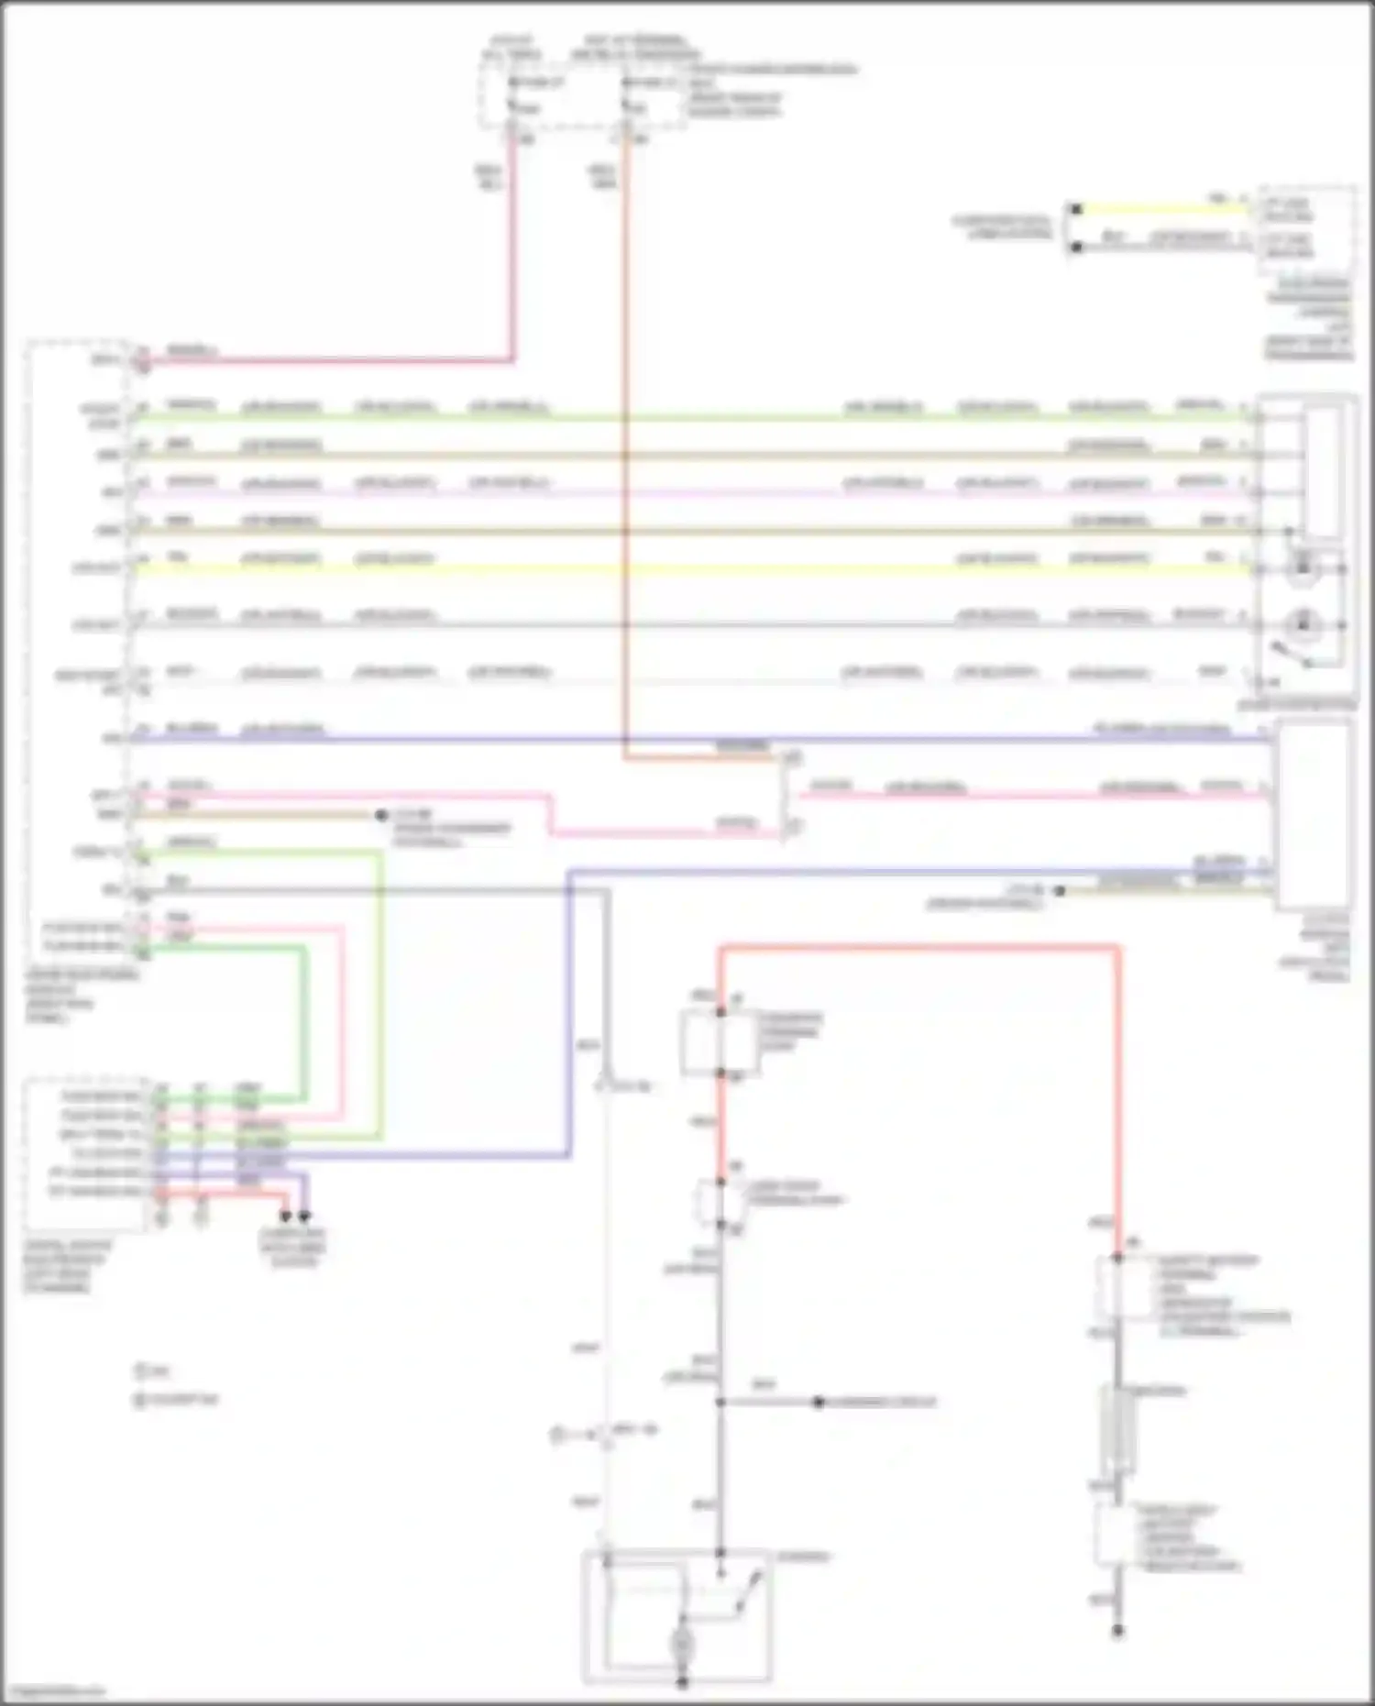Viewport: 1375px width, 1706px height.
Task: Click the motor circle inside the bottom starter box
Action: point(682,1646)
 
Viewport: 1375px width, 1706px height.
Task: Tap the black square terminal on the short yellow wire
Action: point(1077,209)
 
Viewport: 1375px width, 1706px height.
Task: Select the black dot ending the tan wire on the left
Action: point(381,815)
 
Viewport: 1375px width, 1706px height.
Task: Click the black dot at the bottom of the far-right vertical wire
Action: point(1117,1631)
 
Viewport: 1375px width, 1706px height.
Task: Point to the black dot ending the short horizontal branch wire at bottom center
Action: point(819,1403)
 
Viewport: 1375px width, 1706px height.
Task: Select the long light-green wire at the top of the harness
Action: point(687,418)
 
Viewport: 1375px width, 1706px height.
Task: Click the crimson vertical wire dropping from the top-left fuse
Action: point(512,248)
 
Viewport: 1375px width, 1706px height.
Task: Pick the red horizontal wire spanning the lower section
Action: point(917,948)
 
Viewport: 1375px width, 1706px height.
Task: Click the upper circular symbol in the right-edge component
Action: point(1302,569)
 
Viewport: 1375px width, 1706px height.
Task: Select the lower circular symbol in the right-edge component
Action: point(1302,625)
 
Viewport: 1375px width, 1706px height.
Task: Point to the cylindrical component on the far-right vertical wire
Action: point(1117,1430)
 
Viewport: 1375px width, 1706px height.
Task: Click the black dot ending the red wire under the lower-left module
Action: point(286,1216)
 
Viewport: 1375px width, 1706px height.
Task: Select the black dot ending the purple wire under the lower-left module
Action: point(304,1216)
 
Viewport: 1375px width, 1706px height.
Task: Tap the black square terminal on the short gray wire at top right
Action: point(1077,247)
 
